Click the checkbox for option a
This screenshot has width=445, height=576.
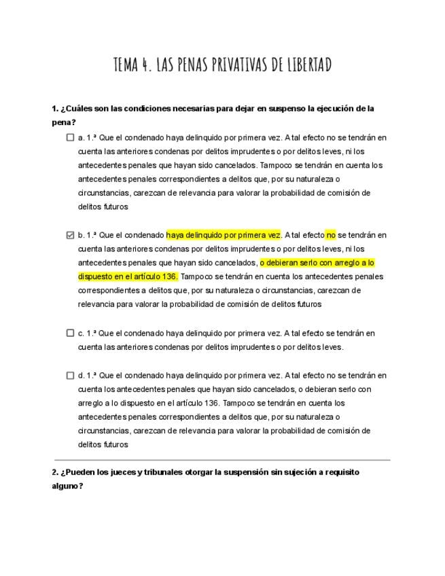click(x=70, y=137)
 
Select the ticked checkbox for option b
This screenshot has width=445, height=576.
click(x=70, y=235)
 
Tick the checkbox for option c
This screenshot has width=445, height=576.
click(x=70, y=333)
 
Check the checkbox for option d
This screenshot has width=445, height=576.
click(x=70, y=375)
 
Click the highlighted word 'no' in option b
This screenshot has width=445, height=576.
click(x=331, y=235)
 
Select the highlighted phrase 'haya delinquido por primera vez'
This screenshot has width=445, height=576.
click(x=224, y=235)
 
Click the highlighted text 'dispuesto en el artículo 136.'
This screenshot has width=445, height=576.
click(x=128, y=276)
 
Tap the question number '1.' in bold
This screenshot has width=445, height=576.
click(x=55, y=109)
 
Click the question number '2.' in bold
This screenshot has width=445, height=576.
click(x=55, y=472)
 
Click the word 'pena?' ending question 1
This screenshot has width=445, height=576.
click(x=64, y=123)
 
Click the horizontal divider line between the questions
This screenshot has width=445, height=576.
click(x=222, y=460)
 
